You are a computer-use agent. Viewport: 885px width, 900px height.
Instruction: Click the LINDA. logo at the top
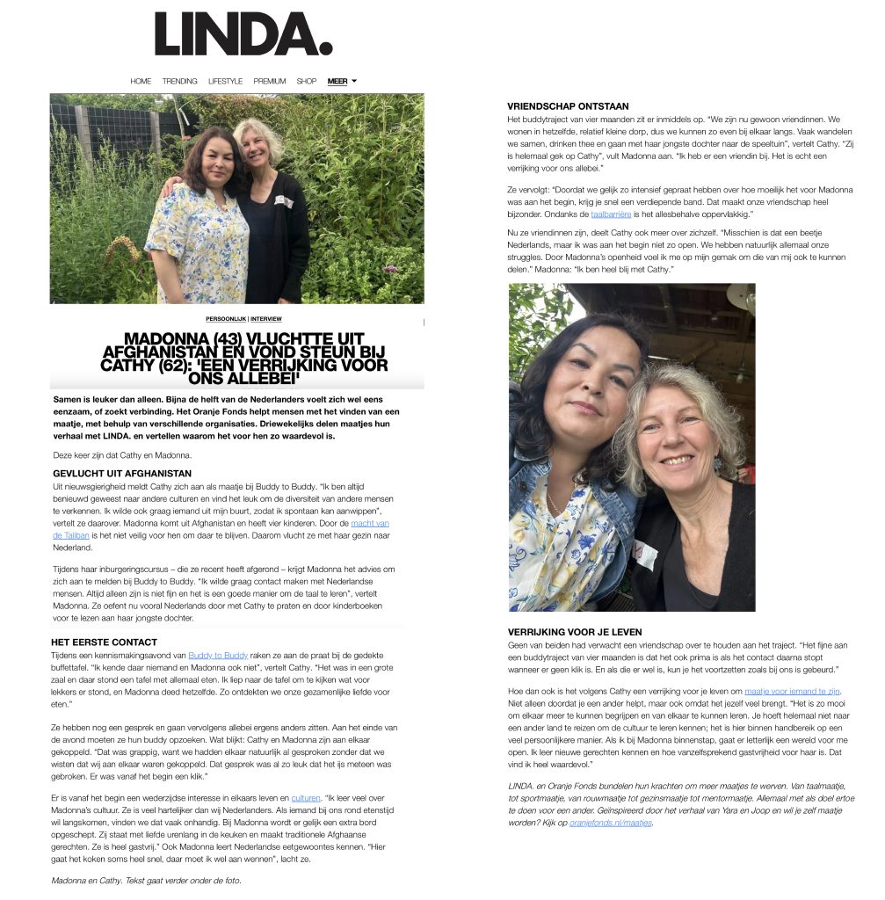tap(243, 35)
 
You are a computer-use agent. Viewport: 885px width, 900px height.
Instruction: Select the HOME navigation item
tap(141, 81)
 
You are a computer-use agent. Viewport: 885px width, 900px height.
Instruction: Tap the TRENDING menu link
tap(179, 81)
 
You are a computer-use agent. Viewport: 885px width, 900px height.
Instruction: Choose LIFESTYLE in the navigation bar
tap(225, 81)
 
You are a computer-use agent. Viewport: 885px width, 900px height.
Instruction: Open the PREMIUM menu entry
tap(270, 81)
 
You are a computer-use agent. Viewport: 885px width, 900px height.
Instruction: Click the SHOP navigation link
tap(306, 81)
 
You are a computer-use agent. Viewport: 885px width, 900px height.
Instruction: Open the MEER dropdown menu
tap(342, 81)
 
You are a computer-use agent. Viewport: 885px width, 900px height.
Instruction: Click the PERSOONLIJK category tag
tap(225, 319)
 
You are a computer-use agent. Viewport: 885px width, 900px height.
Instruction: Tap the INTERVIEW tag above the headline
tap(266, 319)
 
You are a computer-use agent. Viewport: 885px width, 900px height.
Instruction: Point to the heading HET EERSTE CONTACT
tap(105, 642)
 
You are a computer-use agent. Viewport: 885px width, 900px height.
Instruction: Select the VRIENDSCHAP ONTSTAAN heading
tap(568, 106)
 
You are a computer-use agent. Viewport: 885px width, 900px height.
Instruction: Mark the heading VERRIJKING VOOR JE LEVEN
tap(575, 631)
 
